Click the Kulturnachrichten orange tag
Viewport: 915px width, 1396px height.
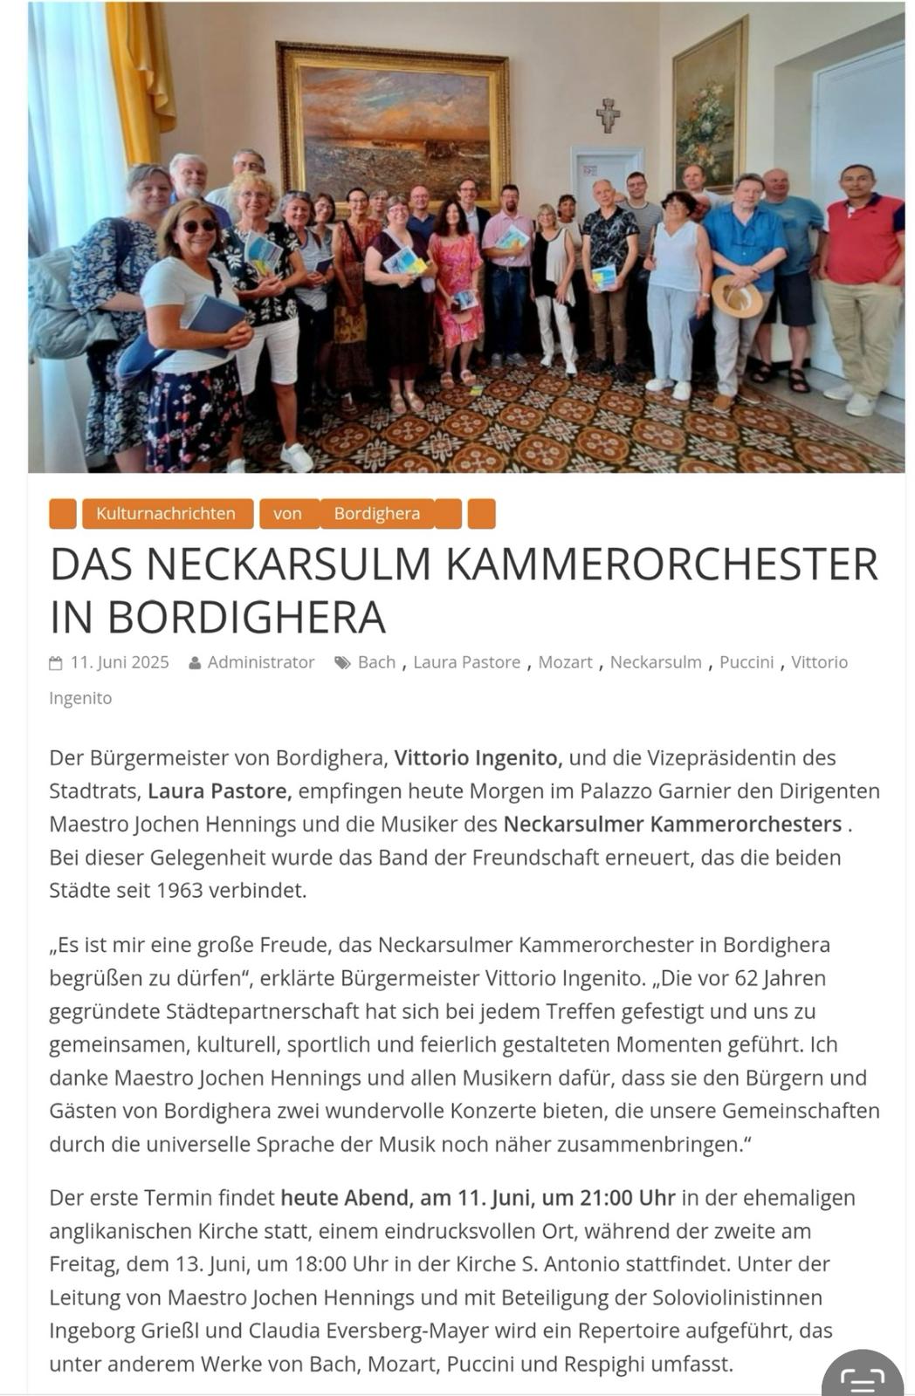point(166,514)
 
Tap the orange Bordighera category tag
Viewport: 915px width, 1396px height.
point(376,514)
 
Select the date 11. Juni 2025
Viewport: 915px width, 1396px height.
point(120,662)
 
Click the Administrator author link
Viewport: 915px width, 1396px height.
point(260,662)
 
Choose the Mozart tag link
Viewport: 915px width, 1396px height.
point(565,662)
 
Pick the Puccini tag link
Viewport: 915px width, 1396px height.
point(746,662)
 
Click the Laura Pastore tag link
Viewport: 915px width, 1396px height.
point(466,662)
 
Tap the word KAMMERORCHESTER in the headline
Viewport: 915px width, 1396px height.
point(661,565)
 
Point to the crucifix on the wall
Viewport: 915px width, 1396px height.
point(608,114)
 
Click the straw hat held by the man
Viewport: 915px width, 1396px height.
point(736,297)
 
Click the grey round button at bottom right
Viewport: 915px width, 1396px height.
point(863,1377)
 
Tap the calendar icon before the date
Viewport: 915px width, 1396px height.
point(56,663)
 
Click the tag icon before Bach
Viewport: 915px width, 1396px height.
point(342,663)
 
